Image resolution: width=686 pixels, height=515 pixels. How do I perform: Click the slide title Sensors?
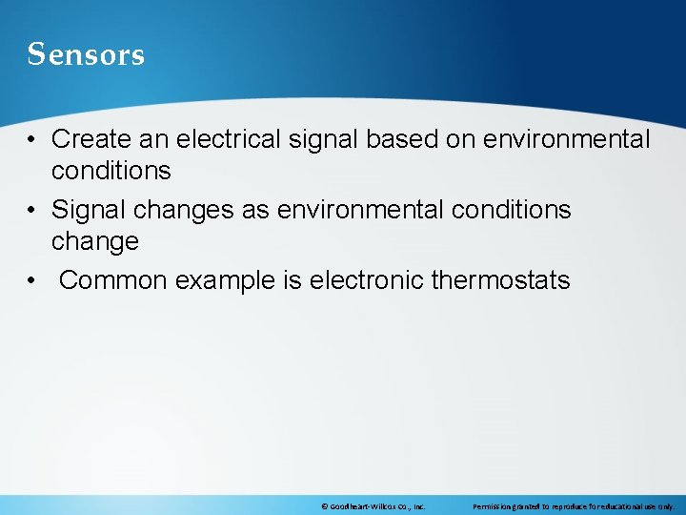(x=86, y=54)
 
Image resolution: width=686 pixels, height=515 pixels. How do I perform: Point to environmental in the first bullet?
(x=566, y=139)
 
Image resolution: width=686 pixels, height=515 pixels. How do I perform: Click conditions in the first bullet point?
(x=111, y=172)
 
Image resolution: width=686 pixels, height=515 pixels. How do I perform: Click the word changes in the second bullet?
(x=183, y=210)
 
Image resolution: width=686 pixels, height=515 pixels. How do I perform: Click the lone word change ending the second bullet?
(x=94, y=242)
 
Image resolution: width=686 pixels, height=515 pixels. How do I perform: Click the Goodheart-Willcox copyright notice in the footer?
(x=373, y=506)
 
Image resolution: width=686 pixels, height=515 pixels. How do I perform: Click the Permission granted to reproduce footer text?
(x=573, y=506)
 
